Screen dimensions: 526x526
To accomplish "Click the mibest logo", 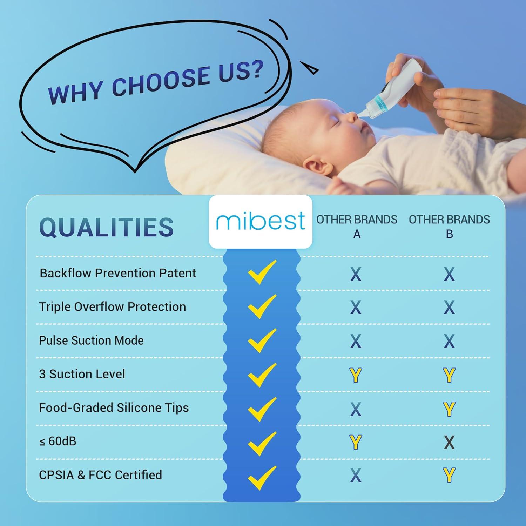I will (x=260, y=221).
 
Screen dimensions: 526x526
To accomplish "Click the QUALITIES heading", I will (x=107, y=227).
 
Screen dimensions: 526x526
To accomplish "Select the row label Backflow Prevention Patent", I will (x=118, y=273).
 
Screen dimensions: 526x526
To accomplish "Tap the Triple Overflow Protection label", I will (x=112, y=307).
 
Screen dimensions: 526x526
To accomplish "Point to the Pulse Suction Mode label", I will (x=91, y=340).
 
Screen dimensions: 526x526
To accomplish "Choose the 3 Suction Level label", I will (x=82, y=374).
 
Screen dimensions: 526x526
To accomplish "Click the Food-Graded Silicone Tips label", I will (x=114, y=408).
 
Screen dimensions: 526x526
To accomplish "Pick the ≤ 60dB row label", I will (x=58, y=441).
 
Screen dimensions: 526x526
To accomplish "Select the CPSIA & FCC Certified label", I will (x=101, y=475).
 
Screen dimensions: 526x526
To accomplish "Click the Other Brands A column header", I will (x=357, y=226).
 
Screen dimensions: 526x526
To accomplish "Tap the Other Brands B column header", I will (x=449, y=226).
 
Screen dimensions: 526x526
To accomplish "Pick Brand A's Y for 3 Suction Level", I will (x=356, y=375).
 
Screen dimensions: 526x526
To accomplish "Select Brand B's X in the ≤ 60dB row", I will (x=449, y=442).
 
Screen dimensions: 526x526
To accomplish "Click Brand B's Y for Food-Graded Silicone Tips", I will (x=449, y=409).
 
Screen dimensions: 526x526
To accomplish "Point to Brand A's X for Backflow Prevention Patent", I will (x=356, y=274).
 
